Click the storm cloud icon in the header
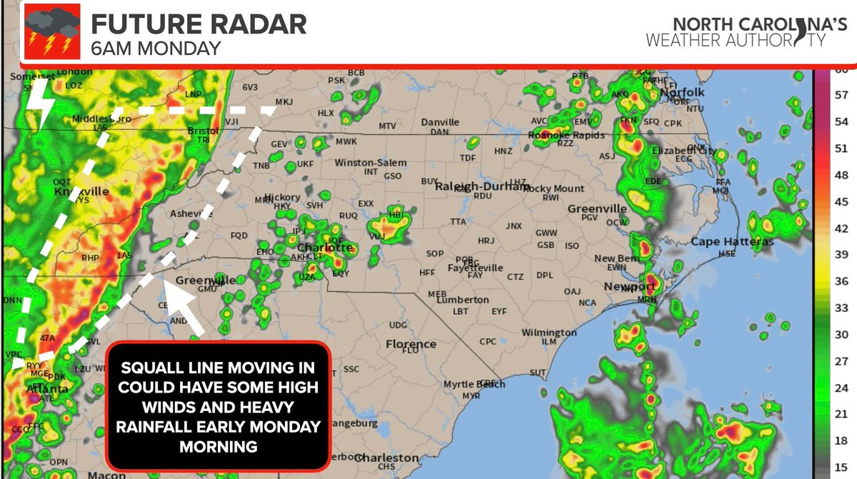(x=52, y=31)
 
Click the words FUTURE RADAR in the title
(x=199, y=24)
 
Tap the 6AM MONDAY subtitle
(x=155, y=49)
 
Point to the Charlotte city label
(x=329, y=248)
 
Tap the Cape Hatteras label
(x=731, y=242)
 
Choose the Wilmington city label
(x=548, y=333)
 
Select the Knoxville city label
(x=81, y=191)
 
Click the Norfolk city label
(x=682, y=92)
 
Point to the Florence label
(x=411, y=344)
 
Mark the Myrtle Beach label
(x=474, y=385)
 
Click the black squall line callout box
(x=219, y=407)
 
